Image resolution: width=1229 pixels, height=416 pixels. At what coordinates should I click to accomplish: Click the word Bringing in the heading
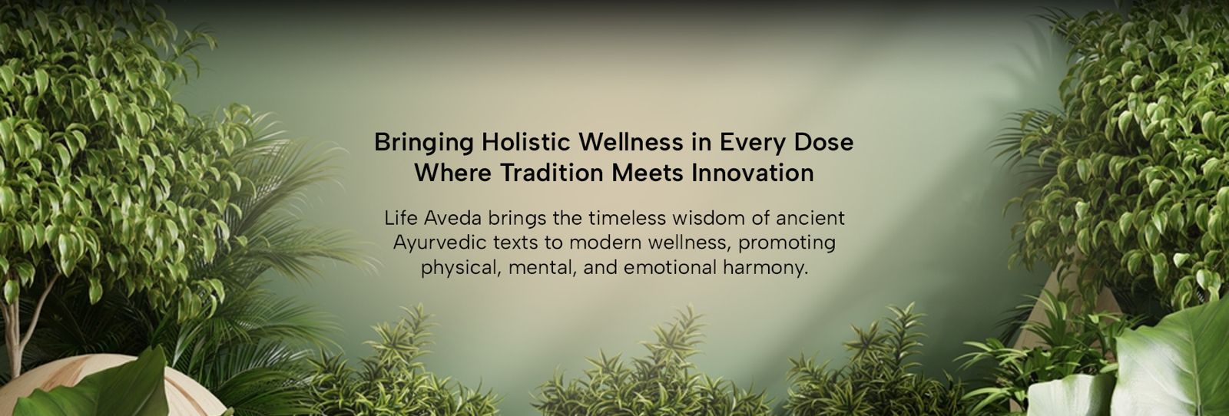click(x=423, y=143)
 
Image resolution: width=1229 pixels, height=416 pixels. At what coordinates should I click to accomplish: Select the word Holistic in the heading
click(x=526, y=142)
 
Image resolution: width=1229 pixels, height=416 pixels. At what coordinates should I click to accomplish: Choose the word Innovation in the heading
click(x=752, y=173)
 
